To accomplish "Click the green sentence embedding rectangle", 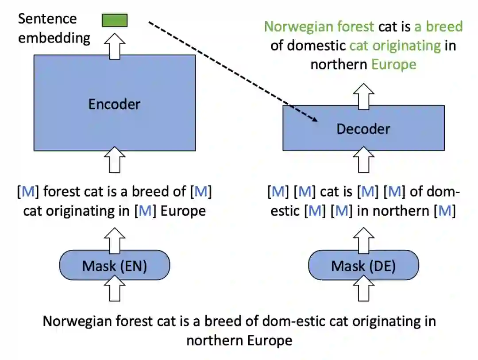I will coord(115,20).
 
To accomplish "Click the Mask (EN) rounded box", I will coord(115,266).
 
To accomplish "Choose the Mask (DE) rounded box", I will coord(363,266).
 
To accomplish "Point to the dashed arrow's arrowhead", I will coord(315,120).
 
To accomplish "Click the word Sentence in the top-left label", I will coord(47,19).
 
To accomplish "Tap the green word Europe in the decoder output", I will coord(394,65).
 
